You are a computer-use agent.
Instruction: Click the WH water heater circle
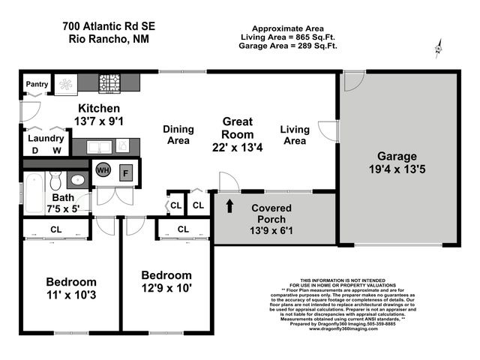coord(103,170)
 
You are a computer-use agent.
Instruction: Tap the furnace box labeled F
coord(125,171)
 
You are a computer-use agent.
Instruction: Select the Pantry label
coord(37,84)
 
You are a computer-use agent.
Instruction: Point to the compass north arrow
coord(438,50)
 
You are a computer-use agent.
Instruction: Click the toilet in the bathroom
coord(55,181)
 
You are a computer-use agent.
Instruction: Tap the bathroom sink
coord(78,181)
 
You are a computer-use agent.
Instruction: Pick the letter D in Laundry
coord(34,150)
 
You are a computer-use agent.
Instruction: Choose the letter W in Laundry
coord(55,150)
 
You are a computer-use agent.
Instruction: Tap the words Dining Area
coord(178,134)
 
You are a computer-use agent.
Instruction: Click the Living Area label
coord(294,135)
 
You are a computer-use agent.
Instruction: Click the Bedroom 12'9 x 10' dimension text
coord(166,288)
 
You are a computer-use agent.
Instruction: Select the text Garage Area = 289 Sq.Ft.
coord(288,46)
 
